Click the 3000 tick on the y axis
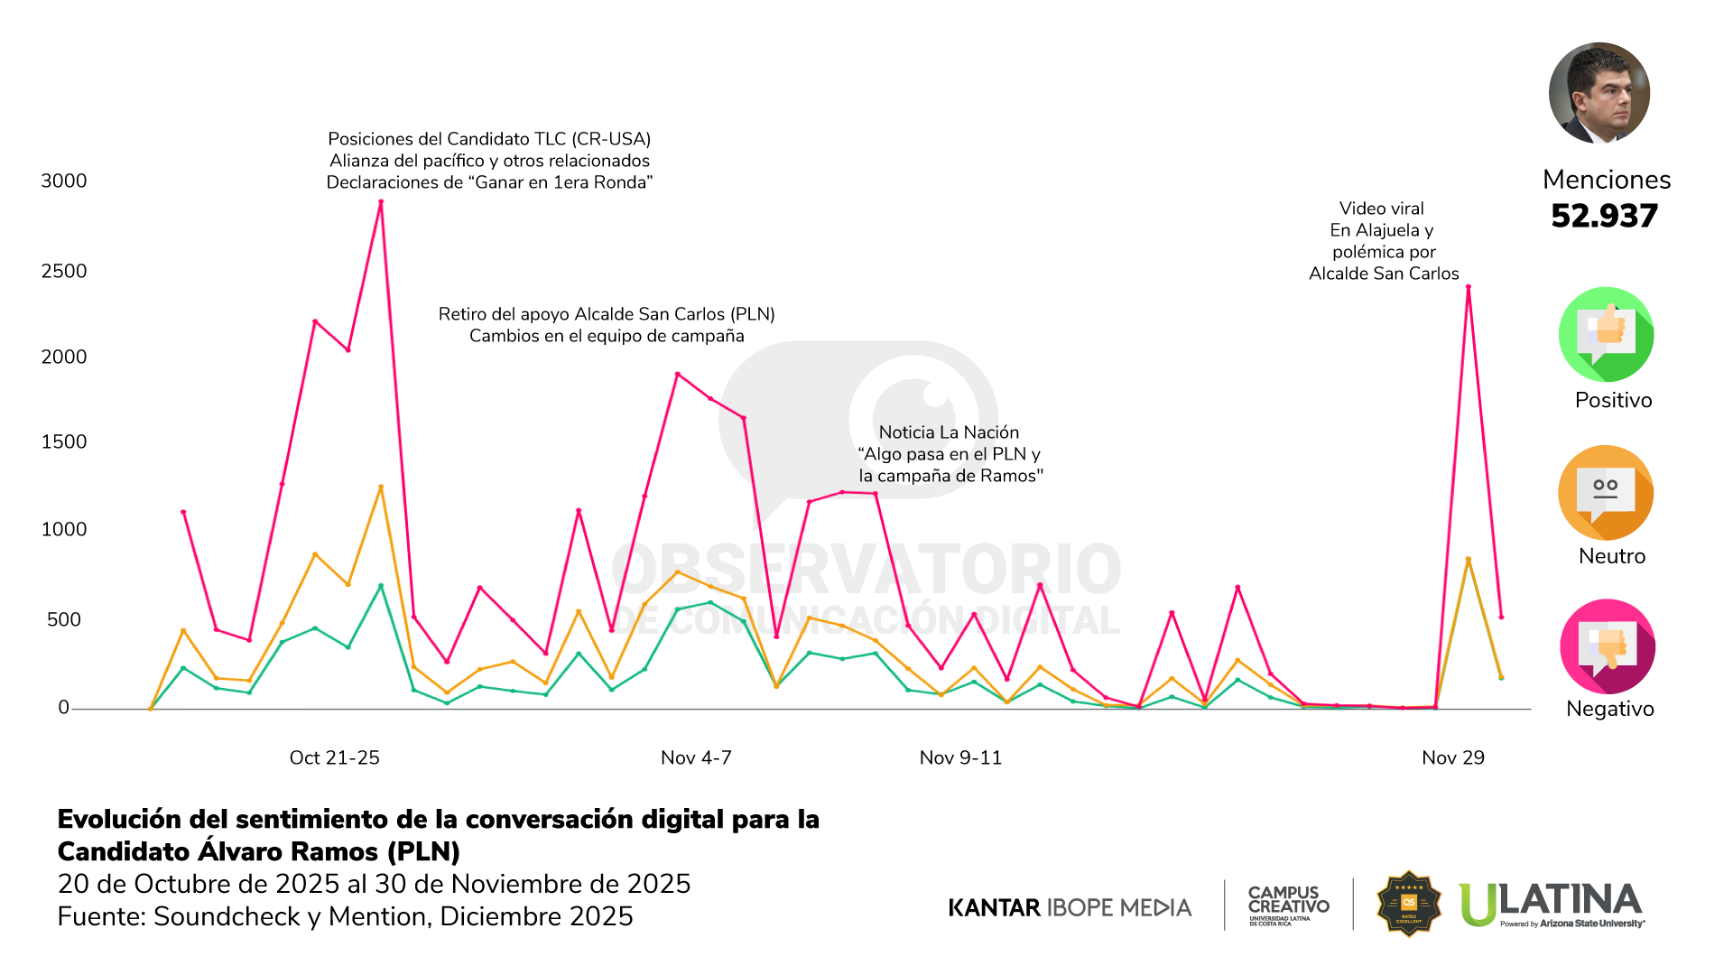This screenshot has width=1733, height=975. click(x=63, y=181)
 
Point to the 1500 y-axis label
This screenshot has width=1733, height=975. click(x=63, y=441)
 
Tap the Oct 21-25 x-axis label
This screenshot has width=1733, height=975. click(x=334, y=757)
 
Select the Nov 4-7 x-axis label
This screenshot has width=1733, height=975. click(x=696, y=757)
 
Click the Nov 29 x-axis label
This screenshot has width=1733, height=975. click(x=1452, y=757)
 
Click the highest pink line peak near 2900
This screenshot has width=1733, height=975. click(x=381, y=202)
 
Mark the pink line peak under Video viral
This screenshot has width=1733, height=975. click(x=1469, y=287)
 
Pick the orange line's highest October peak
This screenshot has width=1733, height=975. click(x=381, y=487)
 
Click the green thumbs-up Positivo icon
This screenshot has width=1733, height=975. click(x=1606, y=334)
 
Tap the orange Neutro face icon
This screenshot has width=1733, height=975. click(x=1605, y=493)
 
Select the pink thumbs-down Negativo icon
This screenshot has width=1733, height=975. click(x=1607, y=646)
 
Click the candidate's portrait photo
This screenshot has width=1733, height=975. click(x=1599, y=93)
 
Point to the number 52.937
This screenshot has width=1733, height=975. click(x=1604, y=216)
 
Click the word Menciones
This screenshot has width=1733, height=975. click(x=1606, y=180)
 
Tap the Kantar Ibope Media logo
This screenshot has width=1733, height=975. click(x=1070, y=907)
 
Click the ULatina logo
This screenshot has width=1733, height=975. click(x=1551, y=904)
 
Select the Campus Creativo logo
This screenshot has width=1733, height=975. click(x=1288, y=904)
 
